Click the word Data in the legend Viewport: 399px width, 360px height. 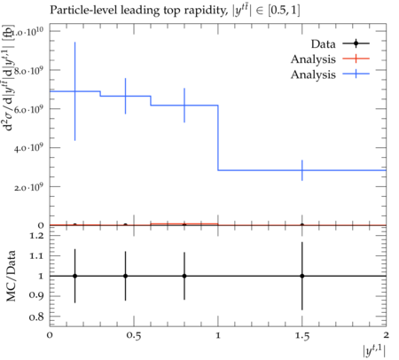(x=324, y=44)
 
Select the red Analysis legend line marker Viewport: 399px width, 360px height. (x=356, y=59)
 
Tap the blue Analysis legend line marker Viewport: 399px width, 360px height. (x=356, y=74)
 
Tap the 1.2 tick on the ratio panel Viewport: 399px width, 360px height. (x=36, y=236)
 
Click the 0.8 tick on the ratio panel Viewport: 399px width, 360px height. (x=36, y=317)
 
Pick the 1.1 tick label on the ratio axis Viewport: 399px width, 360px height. (x=36, y=255)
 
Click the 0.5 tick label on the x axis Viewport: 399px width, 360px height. (x=134, y=336)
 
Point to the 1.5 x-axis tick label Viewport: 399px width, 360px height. (x=302, y=336)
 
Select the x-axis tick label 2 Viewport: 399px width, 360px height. (x=386, y=335)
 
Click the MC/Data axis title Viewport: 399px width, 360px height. (x=12, y=276)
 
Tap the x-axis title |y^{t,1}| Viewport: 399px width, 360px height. (x=374, y=351)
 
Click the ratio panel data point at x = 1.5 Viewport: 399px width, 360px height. (x=302, y=276)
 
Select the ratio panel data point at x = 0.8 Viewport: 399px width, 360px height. (x=184, y=276)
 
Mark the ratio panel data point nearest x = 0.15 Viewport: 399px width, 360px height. (x=74, y=276)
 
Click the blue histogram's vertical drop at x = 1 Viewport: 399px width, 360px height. (x=218, y=137)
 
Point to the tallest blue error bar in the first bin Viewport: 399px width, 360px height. (x=74, y=91)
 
